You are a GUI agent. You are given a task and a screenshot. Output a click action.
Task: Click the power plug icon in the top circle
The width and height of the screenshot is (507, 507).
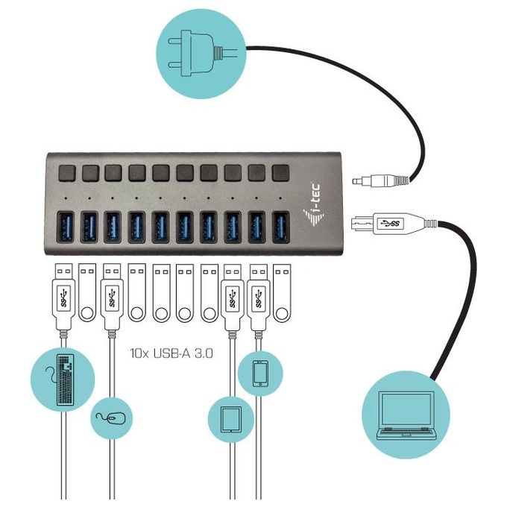pyautogui.click(x=201, y=54)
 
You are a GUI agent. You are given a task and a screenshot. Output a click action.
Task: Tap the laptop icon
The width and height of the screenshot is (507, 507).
pyautogui.click(x=406, y=415)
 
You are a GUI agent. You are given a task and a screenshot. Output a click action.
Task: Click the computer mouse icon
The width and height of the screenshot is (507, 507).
pyautogui.click(x=111, y=418)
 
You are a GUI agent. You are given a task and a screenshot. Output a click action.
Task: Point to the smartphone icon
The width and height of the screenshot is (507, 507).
pyautogui.click(x=260, y=374)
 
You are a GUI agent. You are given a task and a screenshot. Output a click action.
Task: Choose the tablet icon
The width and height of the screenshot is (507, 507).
pyautogui.click(x=231, y=419)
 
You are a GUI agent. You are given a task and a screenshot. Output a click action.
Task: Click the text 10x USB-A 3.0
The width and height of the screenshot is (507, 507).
pyautogui.click(x=171, y=353)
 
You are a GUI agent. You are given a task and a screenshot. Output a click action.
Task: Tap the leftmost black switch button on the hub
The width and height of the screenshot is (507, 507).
pyautogui.click(x=67, y=173)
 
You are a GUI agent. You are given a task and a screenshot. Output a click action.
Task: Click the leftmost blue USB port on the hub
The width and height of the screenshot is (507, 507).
pyautogui.click(x=66, y=227)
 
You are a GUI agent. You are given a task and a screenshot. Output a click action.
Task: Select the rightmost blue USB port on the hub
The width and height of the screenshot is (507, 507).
pyautogui.click(x=280, y=227)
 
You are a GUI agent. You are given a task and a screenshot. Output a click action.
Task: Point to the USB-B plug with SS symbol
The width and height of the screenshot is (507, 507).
pyautogui.click(x=388, y=223)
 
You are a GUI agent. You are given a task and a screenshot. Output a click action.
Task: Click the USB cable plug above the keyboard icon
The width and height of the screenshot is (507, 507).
pyautogui.click(x=63, y=297)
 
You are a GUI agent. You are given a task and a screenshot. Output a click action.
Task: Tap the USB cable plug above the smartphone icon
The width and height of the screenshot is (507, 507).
pyautogui.click(x=259, y=297)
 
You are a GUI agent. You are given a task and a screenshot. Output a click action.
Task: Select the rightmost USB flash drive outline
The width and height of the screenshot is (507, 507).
pyautogui.click(x=282, y=293)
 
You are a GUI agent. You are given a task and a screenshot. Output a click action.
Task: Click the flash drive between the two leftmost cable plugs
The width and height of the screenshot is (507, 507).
pyautogui.click(x=87, y=292)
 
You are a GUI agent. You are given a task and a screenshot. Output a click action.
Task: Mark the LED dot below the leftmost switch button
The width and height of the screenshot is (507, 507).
pyautogui.click(x=66, y=198)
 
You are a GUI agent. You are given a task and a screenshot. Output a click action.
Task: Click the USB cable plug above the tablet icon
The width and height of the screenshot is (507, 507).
pyautogui.click(x=232, y=297)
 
